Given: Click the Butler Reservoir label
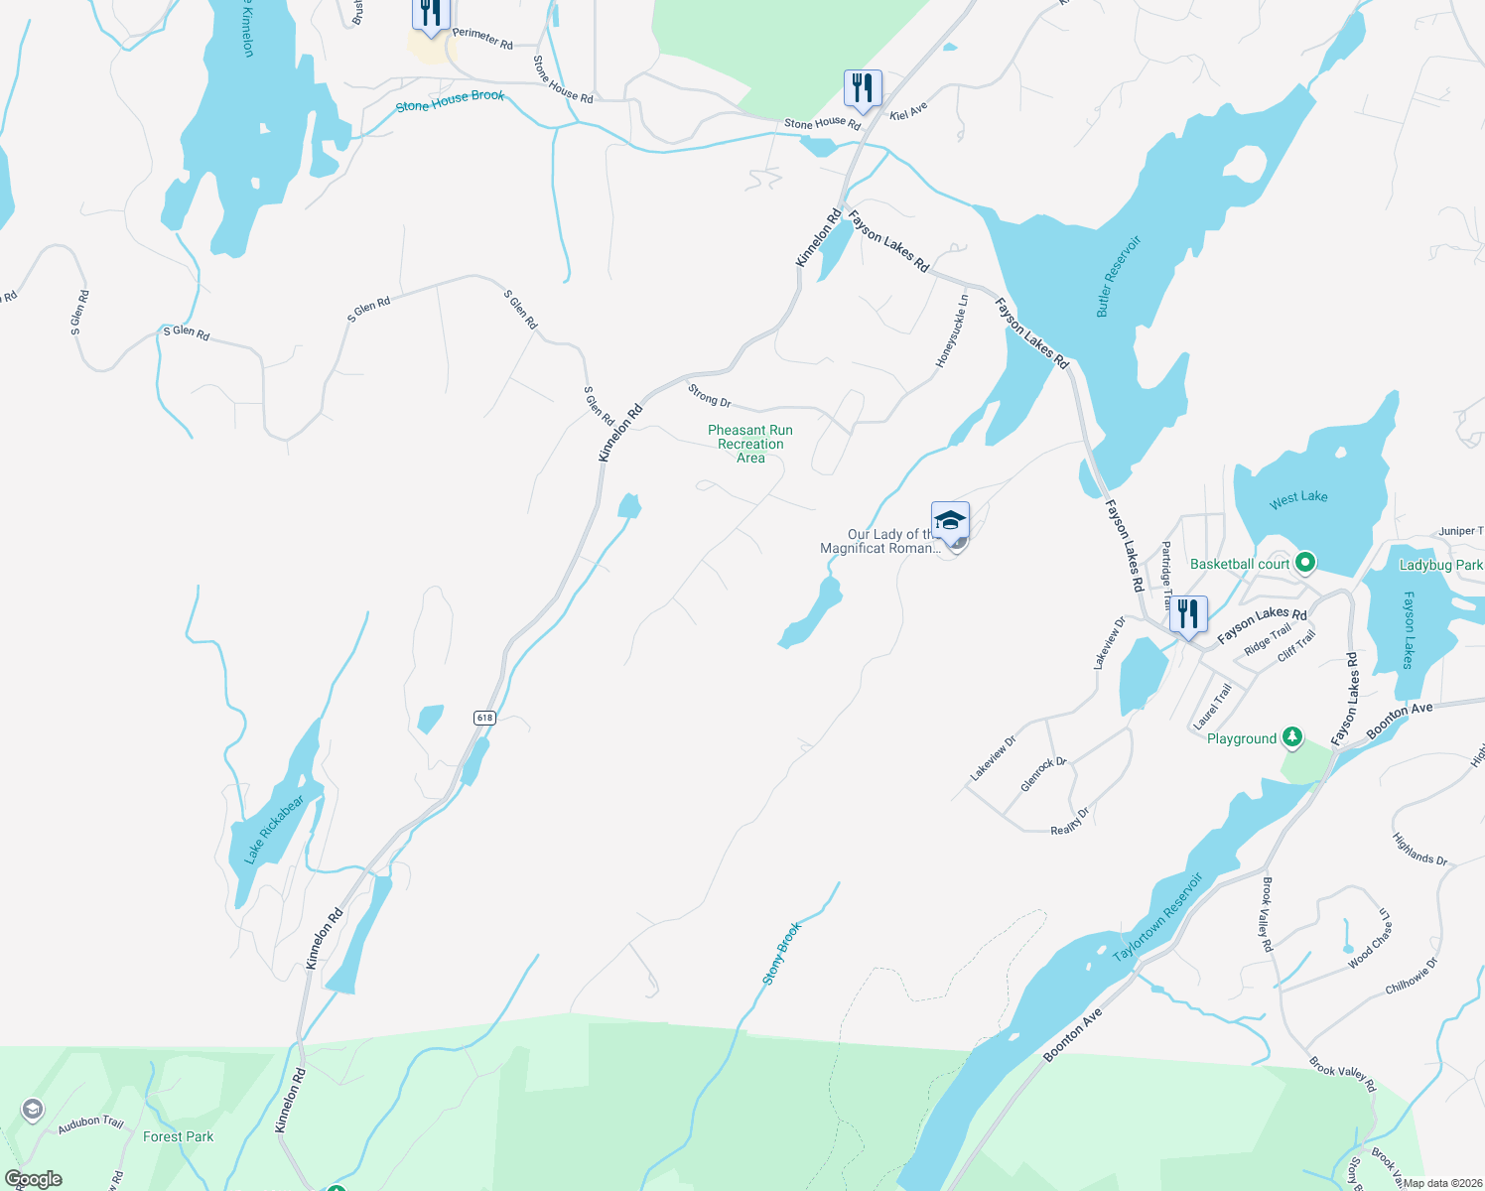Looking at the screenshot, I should tap(1119, 277).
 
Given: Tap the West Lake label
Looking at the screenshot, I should tap(1297, 499).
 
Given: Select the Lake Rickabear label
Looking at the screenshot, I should tap(274, 829).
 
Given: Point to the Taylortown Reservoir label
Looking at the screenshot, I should tap(1157, 916).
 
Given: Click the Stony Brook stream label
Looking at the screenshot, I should tap(781, 954).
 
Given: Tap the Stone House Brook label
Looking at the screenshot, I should tap(450, 100).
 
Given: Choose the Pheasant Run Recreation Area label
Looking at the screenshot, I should tap(750, 444).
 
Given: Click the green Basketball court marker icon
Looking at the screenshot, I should tap(1305, 563).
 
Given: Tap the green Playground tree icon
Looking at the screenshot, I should tap(1291, 736).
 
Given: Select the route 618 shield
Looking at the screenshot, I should tap(484, 718).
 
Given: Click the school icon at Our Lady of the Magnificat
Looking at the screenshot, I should tap(950, 519).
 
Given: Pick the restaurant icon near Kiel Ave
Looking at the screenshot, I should tap(862, 88).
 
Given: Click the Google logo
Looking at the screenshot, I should tap(33, 1179).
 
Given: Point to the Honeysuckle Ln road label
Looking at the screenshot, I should tap(951, 331).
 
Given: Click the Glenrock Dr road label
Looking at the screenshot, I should tap(1043, 774).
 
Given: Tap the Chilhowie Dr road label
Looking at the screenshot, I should tap(1411, 976).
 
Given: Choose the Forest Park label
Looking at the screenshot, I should tap(178, 1136).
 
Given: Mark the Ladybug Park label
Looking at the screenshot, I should tap(1440, 565).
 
